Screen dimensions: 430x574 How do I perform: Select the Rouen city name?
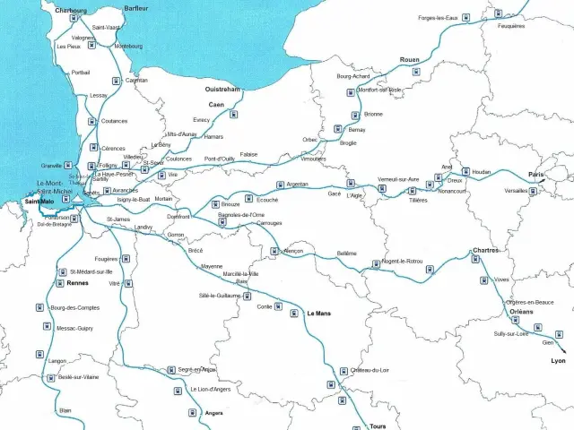coord(409,59)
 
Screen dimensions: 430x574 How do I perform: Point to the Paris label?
coord(536,174)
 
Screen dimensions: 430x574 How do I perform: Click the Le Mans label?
coord(318,314)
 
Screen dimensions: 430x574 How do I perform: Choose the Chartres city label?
coord(486,250)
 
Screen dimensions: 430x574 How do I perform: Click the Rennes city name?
coord(77,283)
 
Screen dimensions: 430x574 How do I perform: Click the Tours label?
coord(378,426)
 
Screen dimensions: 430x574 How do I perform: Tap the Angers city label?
coord(213,413)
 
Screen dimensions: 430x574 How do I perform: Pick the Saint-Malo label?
coord(40,201)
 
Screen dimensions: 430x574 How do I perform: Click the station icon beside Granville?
coord(69,166)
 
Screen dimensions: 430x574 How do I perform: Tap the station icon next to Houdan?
coord(465,171)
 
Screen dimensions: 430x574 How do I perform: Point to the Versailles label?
coord(516,191)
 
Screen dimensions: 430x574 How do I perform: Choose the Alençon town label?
coord(293,252)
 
